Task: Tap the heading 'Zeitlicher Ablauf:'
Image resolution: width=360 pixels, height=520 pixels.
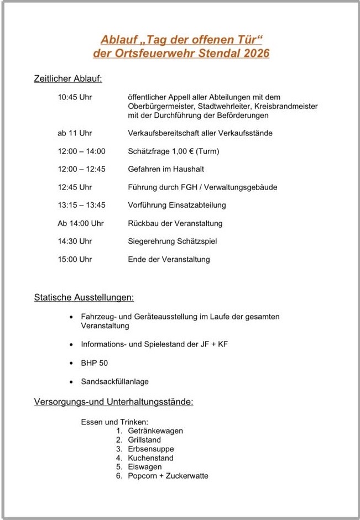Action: [68, 80]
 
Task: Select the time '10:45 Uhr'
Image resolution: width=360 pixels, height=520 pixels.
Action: [75, 97]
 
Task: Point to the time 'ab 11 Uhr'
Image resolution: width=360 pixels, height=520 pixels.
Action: [75, 133]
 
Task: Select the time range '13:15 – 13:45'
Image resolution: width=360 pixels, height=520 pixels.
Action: [81, 205]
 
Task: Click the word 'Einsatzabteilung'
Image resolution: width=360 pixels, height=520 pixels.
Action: [197, 205]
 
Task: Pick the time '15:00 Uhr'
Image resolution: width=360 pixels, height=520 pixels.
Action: [75, 259]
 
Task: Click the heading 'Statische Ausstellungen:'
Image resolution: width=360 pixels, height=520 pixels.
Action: [84, 298]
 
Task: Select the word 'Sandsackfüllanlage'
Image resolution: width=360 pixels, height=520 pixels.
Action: [114, 381]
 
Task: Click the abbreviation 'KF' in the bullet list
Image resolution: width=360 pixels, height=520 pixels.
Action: [222, 344]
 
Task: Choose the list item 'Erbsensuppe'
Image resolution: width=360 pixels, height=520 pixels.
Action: [150, 449]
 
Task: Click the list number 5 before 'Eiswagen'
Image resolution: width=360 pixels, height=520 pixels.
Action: [119, 467]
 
